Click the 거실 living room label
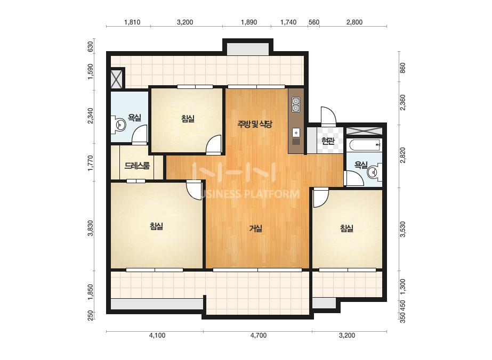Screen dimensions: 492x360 pos(256,228)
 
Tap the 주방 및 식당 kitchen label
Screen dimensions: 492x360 pos(254,125)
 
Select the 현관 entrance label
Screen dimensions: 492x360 pos(328,141)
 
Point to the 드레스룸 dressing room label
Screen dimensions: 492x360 pos(137,166)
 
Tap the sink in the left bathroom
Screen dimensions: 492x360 pos(119,125)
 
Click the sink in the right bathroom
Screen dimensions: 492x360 pos(374,172)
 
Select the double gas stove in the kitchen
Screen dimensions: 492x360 pos(296,105)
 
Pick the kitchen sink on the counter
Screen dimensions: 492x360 pos(296,133)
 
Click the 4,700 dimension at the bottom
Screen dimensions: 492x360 pos(259,336)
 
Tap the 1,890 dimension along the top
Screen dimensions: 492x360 pos(249,22)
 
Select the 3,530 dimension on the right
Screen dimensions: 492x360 pos(403,229)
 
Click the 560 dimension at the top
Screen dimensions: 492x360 pos(314,22)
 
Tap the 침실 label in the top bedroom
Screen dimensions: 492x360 pos(188,119)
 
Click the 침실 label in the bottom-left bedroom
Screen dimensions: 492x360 pos(157,226)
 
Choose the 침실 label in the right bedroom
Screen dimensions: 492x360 pos(346,228)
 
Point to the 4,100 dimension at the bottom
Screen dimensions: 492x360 pos(157,336)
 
